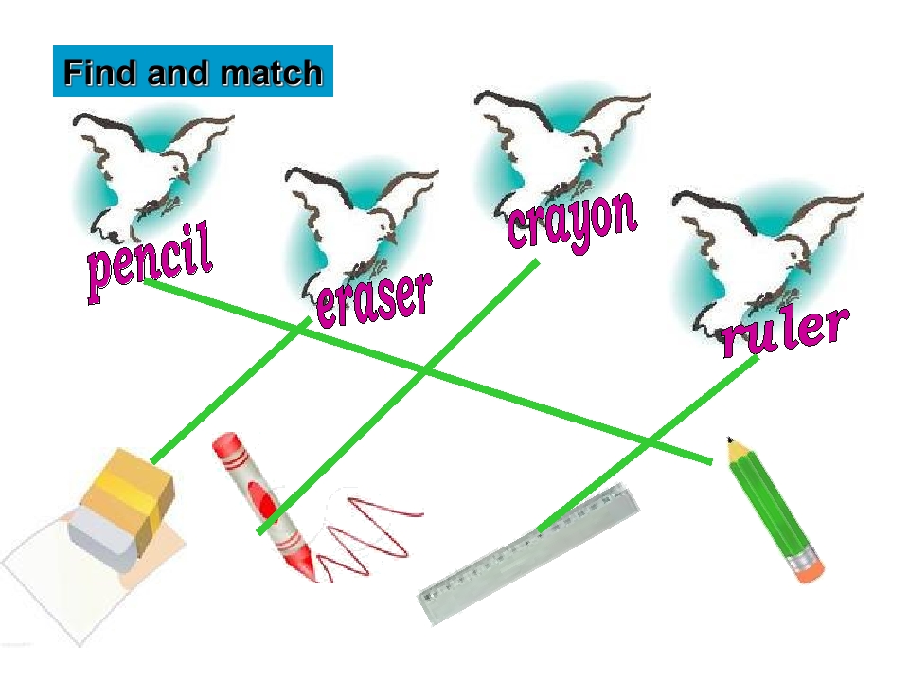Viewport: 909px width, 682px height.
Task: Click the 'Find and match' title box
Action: [193, 72]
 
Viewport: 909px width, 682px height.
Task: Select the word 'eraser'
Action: [373, 297]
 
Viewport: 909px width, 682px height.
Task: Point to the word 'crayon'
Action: [572, 221]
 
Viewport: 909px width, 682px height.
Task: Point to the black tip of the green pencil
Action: [730, 441]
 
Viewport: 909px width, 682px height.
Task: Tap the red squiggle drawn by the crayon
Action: [369, 535]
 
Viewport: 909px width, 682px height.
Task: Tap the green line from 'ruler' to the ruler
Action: [653, 440]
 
